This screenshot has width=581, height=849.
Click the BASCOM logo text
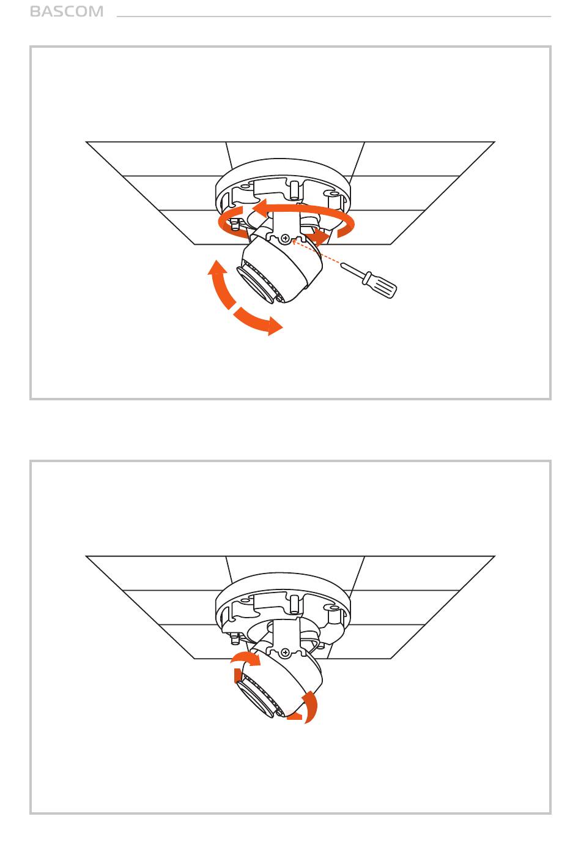click(66, 12)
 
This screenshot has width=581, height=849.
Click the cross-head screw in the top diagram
click(286, 239)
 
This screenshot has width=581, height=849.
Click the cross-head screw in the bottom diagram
click(286, 653)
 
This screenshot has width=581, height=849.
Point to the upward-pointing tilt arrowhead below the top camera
click(217, 267)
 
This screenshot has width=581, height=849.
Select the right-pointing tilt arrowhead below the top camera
click(275, 326)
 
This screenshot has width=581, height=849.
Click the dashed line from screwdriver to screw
click(316, 252)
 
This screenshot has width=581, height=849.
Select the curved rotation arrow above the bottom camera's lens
click(245, 658)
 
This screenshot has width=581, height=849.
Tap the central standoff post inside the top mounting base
click(294, 190)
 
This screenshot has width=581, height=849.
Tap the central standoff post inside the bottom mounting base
click(294, 604)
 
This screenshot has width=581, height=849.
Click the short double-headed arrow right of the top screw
click(317, 236)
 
